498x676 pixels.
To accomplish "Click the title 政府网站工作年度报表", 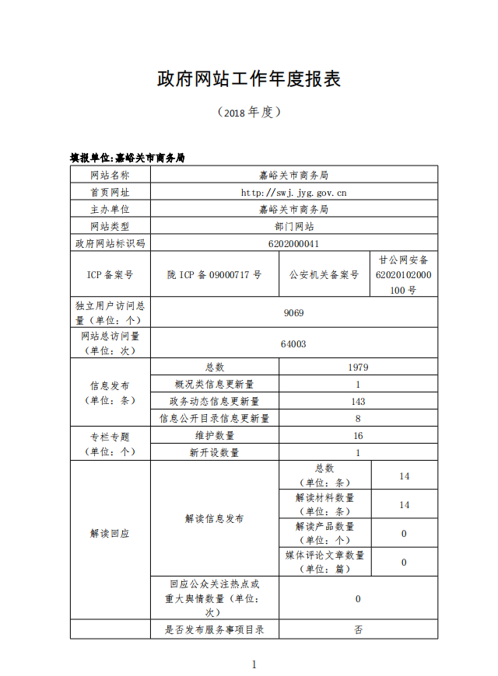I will click(x=249, y=79).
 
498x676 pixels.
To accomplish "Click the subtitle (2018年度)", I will click(x=249, y=113).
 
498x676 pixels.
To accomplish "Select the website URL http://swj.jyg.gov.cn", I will click(x=293, y=192).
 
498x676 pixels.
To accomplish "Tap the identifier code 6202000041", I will click(x=293, y=243).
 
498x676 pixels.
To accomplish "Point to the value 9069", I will click(x=293, y=312).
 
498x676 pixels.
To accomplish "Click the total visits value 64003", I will click(x=293, y=343).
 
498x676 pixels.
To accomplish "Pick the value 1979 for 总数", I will click(x=358, y=367).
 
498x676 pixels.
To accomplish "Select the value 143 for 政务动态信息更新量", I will click(x=358, y=401).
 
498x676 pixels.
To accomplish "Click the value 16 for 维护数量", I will click(x=358, y=435).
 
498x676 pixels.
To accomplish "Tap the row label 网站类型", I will click(x=110, y=226).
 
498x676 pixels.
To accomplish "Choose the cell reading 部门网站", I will click(x=293, y=226).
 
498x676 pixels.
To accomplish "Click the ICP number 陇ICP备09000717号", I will click(x=214, y=274).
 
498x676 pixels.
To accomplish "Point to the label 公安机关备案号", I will click(x=324, y=274).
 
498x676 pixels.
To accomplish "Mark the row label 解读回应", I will click(x=110, y=534).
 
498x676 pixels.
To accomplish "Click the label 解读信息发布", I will click(x=214, y=518).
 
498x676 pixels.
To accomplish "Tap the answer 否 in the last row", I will click(x=358, y=629).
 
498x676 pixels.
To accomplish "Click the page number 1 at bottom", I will click(x=253, y=664).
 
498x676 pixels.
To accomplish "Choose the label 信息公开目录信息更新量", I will click(x=214, y=418).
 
